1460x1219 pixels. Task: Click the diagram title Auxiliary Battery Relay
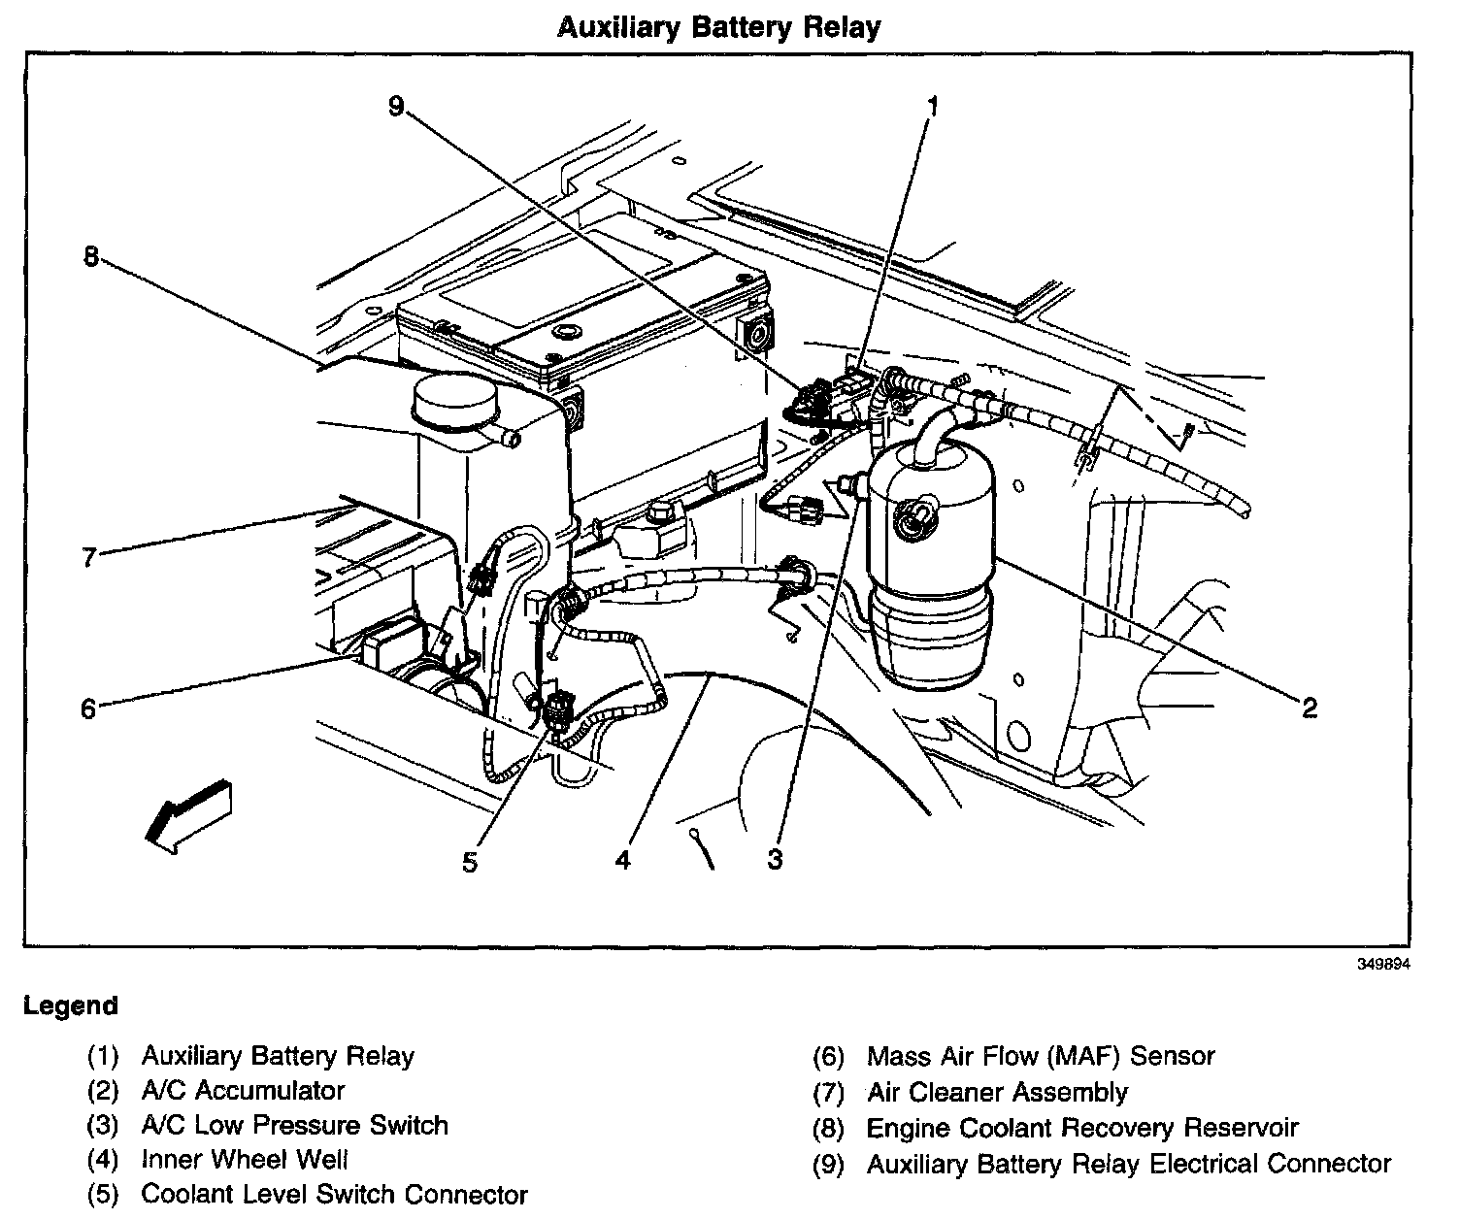tap(718, 26)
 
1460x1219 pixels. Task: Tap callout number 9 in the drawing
tap(396, 106)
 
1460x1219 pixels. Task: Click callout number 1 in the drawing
tap(932, 106)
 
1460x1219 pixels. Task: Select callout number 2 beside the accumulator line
tap(1310, 708)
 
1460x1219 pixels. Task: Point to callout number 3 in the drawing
tap(775, 859)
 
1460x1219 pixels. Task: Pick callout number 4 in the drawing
tap(622, 859)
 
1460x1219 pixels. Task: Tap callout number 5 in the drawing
tap(470, 863)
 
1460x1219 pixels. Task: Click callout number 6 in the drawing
tap(88, 709)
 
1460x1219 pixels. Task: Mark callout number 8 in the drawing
tap(91, 257)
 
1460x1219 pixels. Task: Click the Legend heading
tap(71, 1005)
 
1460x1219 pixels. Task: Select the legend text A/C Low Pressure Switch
tap(295, 1125)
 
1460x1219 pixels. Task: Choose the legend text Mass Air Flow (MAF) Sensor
tap(1041, 1055)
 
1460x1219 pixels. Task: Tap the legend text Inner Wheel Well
tap(245, 1160)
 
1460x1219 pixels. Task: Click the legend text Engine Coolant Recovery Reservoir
tap(1081, 1128)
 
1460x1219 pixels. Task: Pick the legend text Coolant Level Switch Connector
tap(334, 1195)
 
